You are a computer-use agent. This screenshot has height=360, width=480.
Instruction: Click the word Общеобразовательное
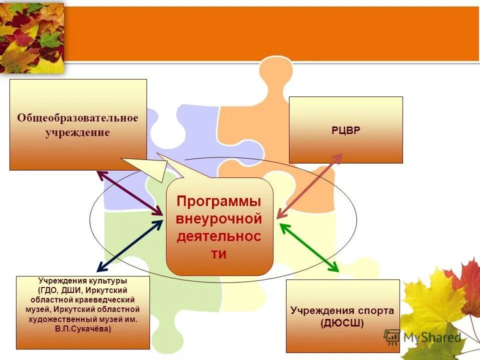[77, 118]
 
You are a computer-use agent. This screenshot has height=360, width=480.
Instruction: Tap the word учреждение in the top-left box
[77, 133]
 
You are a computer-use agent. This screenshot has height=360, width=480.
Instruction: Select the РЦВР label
[345, 130]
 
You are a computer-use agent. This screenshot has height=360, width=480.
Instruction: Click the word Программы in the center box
[219, 201]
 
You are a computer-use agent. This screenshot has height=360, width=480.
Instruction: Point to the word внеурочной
[219, 219]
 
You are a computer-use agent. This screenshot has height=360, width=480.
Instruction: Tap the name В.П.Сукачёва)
[83, 329]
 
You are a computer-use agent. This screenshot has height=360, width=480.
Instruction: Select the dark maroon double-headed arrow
[129, 193]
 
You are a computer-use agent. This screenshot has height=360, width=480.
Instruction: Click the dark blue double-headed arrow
[129, 245]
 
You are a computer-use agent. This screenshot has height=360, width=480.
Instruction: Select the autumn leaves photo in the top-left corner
[32, 37]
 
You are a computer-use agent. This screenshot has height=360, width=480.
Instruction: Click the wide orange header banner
[270, 34]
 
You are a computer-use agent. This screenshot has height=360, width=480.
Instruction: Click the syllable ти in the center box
[219, 254]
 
